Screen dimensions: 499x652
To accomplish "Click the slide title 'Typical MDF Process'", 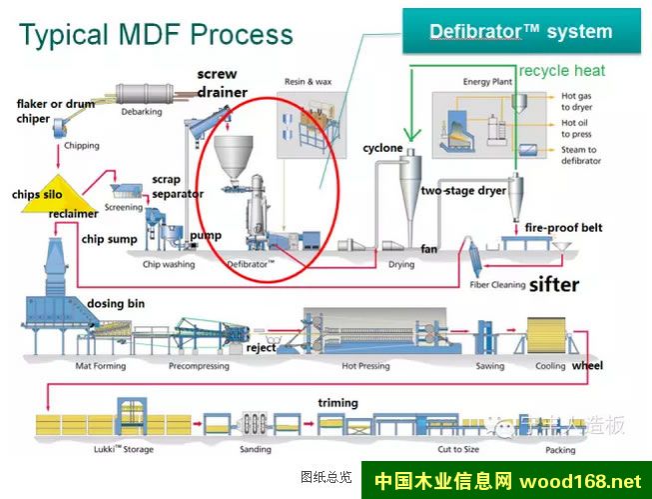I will coord(156,35).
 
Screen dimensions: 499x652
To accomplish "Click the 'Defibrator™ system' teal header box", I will coord(520,31).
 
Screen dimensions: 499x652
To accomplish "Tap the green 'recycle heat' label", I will coord(562,71).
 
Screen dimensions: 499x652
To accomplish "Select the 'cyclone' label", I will coord(382,149).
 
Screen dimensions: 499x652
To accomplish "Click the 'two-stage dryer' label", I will coord(463,190).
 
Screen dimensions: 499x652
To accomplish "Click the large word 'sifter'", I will coord(554,285).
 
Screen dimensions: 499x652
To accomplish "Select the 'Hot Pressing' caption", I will coord(364,366).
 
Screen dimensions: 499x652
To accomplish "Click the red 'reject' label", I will coord(261,347).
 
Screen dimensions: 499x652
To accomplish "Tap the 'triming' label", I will coord(337,402).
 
